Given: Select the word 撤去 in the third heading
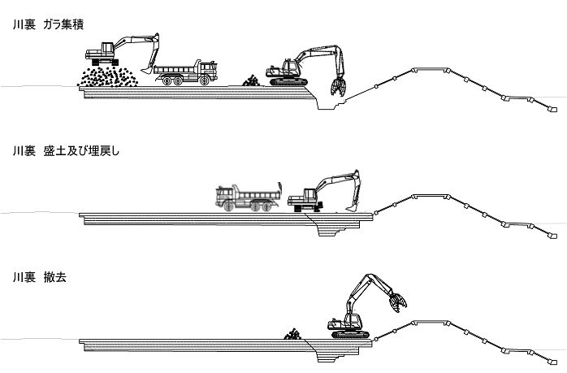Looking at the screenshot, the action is click(x=56, y=276).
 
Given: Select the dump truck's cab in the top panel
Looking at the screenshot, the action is click(x=207, y=68).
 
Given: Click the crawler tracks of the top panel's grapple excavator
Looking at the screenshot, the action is click(x=288, y=81).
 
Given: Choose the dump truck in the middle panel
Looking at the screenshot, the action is click(x=247, y=198).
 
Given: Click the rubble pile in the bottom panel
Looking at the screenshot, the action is click(x=292, y=333).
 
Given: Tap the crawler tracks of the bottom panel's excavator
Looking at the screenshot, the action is click(x=351, y=333).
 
